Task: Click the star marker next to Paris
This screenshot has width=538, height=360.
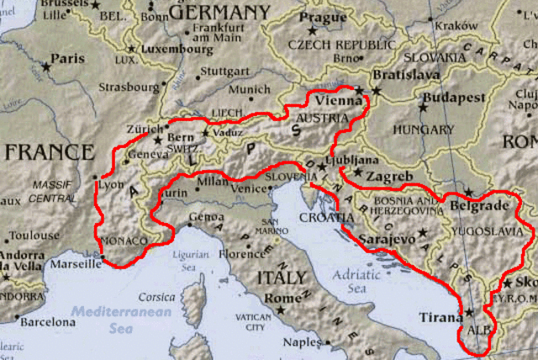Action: click(x=47, y=65)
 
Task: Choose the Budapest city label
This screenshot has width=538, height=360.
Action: click(x=454, y=98)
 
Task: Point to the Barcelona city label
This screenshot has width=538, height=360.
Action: click(x=47, y=321)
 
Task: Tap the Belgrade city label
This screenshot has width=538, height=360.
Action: click(x=480, y=205)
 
